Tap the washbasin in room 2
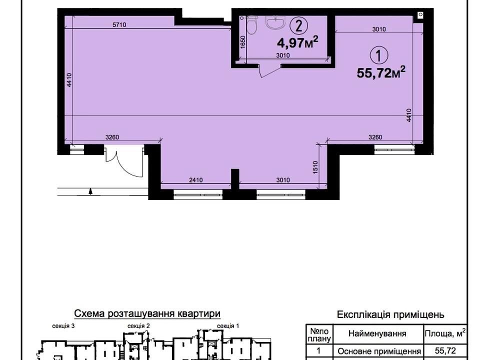(276, 22)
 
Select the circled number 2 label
(298, 25)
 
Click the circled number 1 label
(379, 55)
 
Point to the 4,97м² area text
(297, 42)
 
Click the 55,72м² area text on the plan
(381, 72)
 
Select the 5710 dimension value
(119, 25)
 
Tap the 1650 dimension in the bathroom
(243, 42)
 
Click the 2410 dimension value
(195, 180)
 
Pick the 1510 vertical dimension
(315, 167)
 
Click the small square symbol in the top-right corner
(420, 14)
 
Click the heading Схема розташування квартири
(147, 313)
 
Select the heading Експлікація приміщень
(390, 314)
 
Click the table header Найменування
(377, 333)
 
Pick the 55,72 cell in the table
(445, 350)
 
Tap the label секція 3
(63, 326)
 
